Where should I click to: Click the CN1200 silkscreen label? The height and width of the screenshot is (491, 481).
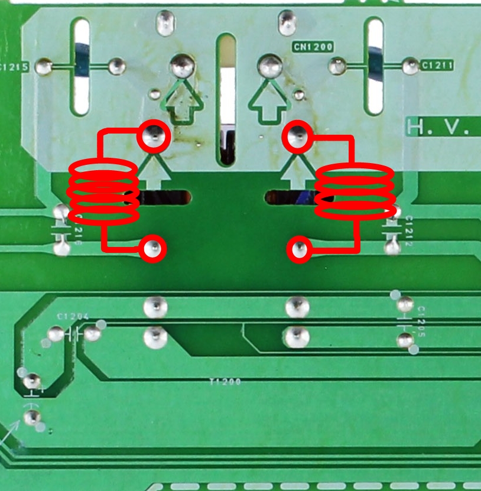click(x=313, y=46)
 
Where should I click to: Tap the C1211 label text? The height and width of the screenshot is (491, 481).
click(x=437, y=66)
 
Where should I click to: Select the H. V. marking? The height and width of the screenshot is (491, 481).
click(x=443, y=126)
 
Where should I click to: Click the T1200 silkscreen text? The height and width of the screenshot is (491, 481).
click(x=226, y=382)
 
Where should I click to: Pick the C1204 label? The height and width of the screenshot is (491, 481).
click(x=73, y=317)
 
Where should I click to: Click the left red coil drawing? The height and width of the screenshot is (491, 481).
click(x=104, y=191)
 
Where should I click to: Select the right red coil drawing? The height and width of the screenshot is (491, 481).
click(x=355, y=191)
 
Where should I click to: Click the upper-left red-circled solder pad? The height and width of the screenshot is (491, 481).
click(x=154, y=136)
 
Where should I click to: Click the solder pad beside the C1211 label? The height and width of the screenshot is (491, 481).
click(x=410, y=66)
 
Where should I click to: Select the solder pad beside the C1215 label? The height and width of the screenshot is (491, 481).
click(x=43, y=67)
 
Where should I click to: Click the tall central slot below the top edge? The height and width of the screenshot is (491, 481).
click(x=226, y=97)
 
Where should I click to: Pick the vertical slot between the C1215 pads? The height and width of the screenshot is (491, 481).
click(x=81, y=66)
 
